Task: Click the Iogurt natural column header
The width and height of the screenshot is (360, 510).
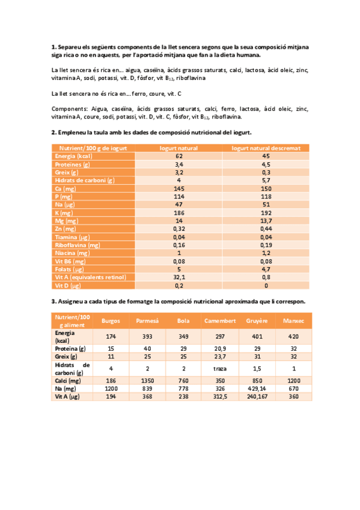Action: [179, 148]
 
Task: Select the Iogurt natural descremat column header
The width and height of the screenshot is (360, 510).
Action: [266, 148]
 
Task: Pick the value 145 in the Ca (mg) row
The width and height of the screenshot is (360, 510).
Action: [179, 188]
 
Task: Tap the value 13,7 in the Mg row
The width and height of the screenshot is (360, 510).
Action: [266, 221]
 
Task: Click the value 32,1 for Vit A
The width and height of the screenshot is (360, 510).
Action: [179, 277]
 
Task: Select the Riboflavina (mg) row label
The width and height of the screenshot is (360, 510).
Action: [78, 245]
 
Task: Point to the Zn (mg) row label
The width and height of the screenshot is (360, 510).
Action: [66, 229]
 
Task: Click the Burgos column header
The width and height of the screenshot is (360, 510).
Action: [111, 321]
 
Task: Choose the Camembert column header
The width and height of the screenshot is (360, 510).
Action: [219, 321]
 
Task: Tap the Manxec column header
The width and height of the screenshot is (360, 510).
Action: [294, 321]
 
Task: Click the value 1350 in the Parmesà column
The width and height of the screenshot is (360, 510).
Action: [148, 380]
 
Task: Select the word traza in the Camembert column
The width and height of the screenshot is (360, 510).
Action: [219, 368]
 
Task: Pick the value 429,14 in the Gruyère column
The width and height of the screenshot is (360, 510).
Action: [257, 389]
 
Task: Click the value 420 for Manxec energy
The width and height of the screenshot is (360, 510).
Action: [294, 336]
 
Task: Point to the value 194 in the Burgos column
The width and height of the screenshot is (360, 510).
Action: [111, 396]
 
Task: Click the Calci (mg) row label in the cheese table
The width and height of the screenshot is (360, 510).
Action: [68, 380]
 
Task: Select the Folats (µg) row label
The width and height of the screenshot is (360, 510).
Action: [69, 269]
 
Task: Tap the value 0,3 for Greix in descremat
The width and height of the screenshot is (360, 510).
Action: [266, 172]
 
